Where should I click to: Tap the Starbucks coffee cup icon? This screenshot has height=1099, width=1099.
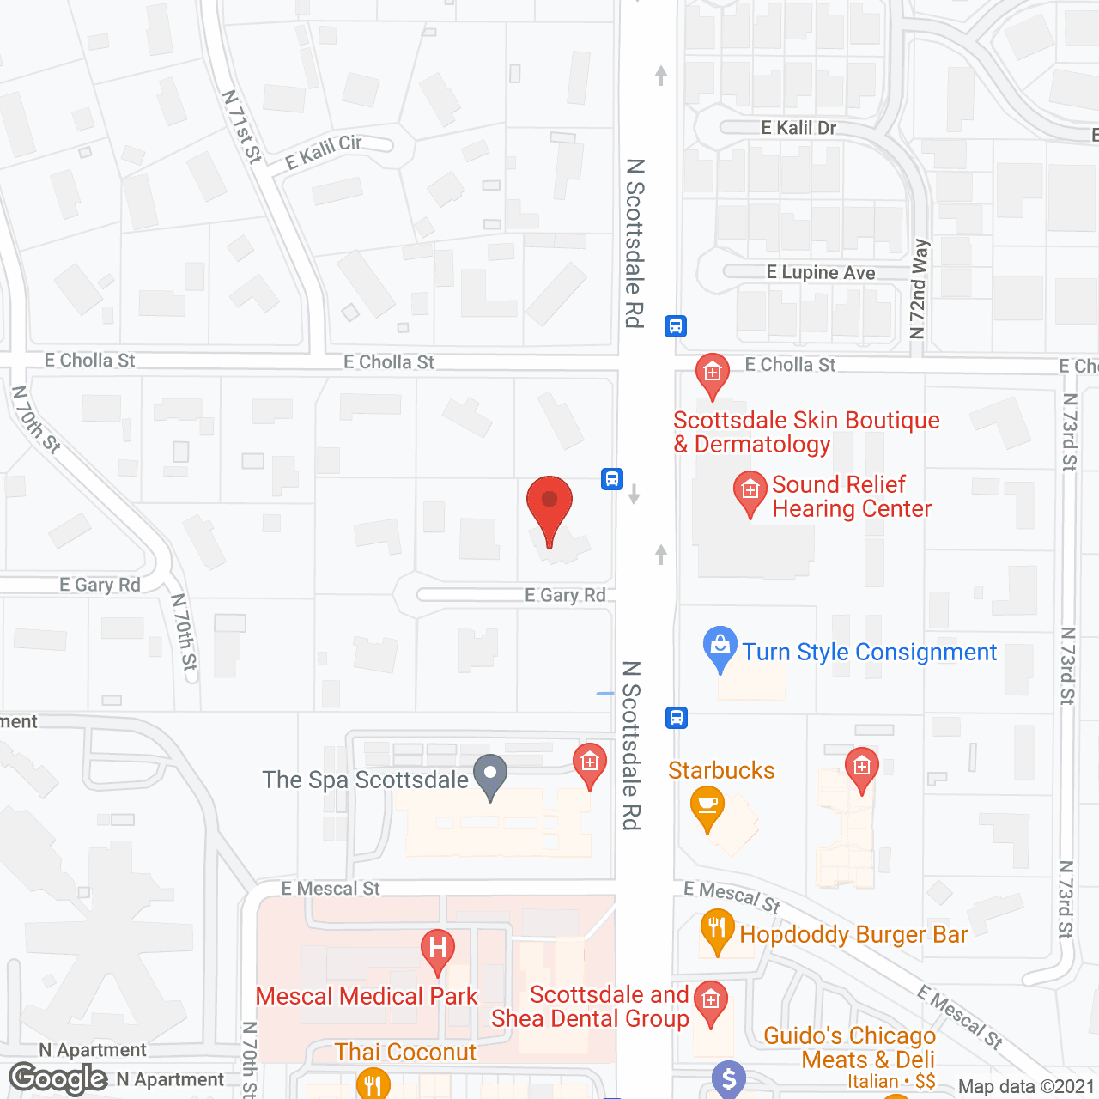tap(707, 805)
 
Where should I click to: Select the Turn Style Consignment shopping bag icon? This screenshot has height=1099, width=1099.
tap(720, 646)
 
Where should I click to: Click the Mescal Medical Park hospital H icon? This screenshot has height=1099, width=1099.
tap(437, 949)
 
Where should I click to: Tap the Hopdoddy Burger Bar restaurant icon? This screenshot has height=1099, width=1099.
tap(717, 930)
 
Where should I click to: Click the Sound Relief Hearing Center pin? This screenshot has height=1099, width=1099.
tap(750, 491)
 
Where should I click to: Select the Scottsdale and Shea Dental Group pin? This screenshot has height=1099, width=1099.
tap(710, 1000)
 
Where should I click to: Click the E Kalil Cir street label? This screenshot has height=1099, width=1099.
tap(324, 152)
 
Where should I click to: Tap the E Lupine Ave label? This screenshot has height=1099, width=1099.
tap(821, 273)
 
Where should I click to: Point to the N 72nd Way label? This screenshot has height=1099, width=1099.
tap(919, 288)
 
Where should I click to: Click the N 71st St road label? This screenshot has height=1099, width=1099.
tap(242, 126)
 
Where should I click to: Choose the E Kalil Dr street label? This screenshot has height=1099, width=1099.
tap(798, 128)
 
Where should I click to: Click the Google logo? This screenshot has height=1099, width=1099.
tap(58, 1078)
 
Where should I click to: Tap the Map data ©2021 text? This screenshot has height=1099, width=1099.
tap(1026, 1087)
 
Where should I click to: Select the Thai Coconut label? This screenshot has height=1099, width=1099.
tap(405, 1053)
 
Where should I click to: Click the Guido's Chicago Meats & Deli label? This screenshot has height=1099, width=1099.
tap(849, 1048)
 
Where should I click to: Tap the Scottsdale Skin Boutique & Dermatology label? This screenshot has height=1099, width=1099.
tap(806, 432)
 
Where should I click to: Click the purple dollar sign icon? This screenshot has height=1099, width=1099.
tap(729, 1079)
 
